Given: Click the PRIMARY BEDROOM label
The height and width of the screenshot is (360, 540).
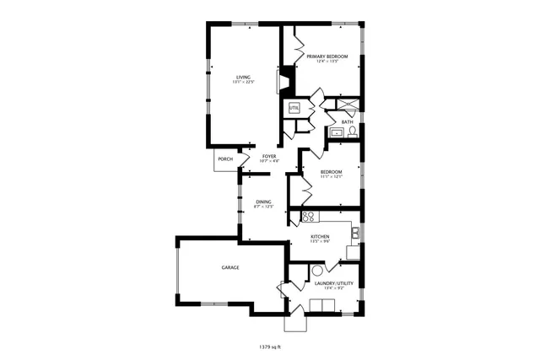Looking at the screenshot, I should coord(327,56).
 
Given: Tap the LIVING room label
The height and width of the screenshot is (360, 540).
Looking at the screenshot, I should coord(243,77).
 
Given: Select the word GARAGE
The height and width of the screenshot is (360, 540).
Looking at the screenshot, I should coord(230,267).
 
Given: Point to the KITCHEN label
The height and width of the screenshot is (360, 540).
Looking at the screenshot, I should coord(320,237).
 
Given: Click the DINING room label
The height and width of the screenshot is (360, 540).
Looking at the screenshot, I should coord(263,201).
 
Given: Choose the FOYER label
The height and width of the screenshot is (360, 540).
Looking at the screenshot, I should coord(269,156).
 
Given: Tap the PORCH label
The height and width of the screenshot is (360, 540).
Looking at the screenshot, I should coord(225,159).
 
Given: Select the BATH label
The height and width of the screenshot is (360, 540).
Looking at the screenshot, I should coord(347,121).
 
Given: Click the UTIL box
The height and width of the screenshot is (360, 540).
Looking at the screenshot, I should coord(294,108).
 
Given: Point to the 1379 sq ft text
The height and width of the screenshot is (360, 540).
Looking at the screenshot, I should coord(270,346).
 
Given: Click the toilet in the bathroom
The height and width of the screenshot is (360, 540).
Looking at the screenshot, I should coord(352,132).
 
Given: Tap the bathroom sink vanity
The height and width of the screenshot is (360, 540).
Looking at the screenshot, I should coord(336,132).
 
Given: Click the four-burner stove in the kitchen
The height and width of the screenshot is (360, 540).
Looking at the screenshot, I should coord(308,216).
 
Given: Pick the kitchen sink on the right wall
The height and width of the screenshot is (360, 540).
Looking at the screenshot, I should coord(355,234).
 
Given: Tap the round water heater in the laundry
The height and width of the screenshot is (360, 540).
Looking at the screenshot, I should coord(317,271).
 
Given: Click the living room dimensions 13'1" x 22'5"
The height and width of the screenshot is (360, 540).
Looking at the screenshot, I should coord(243,82).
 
